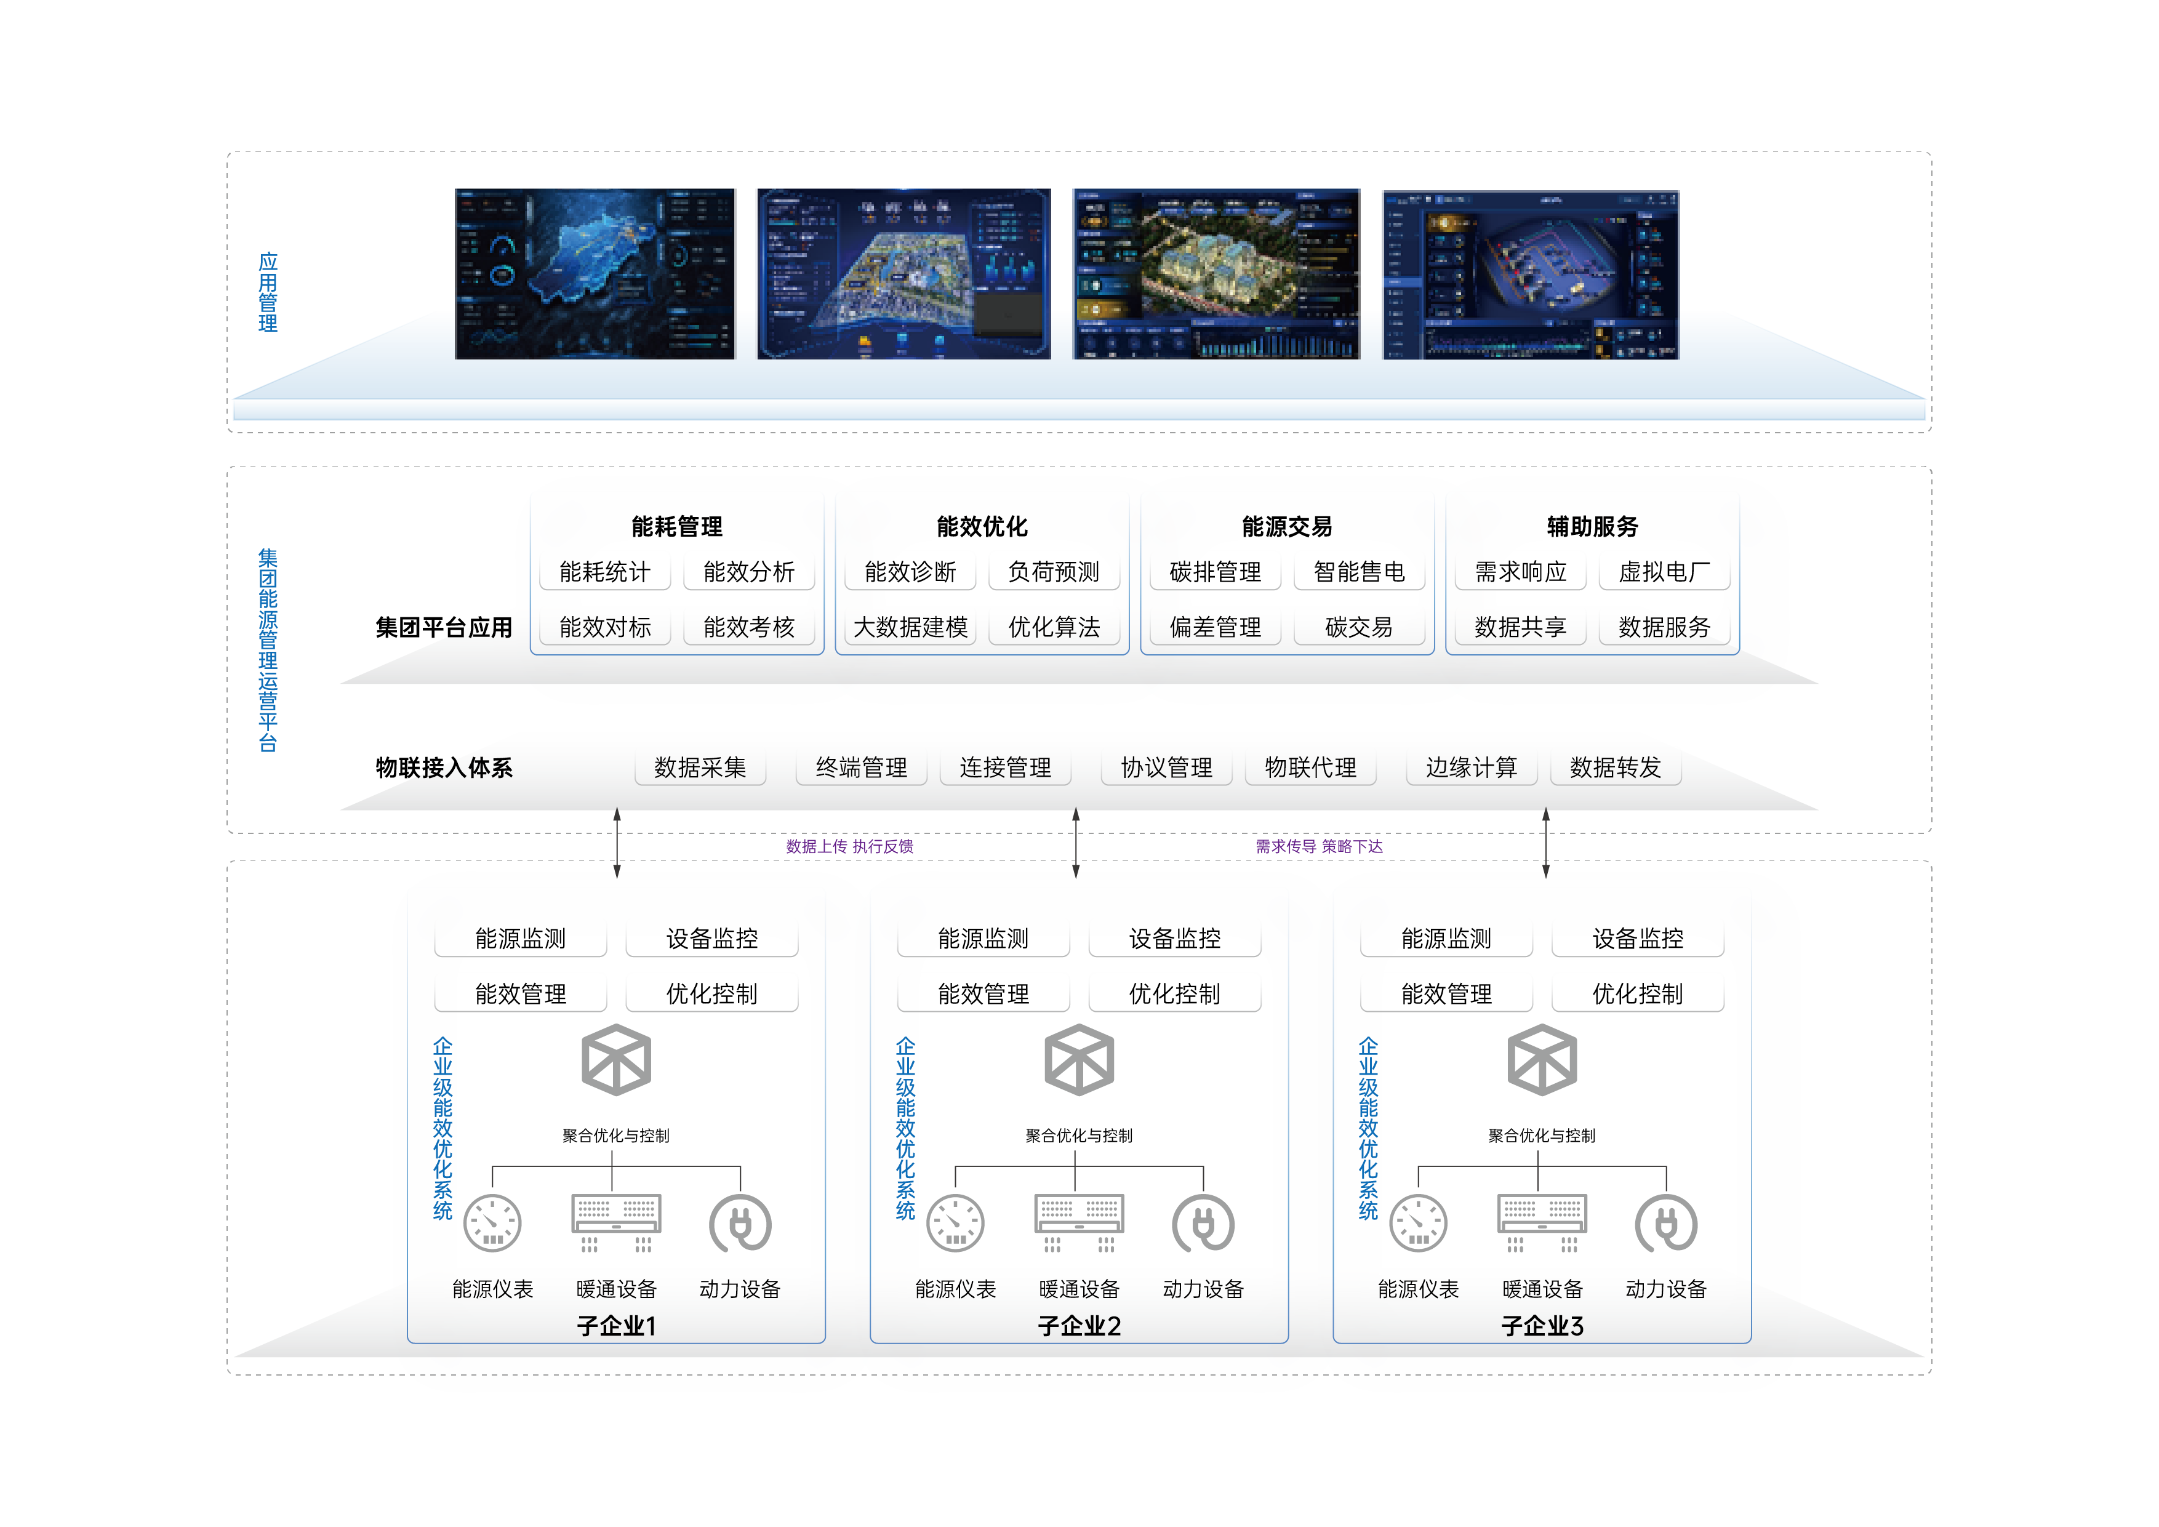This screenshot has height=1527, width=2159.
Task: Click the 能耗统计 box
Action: pyautogui.click(x=604, y=572)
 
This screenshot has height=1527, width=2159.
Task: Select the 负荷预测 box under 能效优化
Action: pyautogui.click(x=1053, y=572)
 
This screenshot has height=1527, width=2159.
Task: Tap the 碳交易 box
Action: pyautogui.click(x=1359, y=627)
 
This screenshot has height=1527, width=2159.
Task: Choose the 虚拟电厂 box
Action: pyautogui.click(x=1664, y=572)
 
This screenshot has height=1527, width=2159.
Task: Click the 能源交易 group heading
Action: pyautogui.click(x=1286, y=527)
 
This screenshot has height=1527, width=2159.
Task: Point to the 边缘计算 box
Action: pyautogui.click(x=1472, y=768)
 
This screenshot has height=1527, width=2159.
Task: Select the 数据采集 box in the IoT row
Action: pyautogui.click(x=700, y=768)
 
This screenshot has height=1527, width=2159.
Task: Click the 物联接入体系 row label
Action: pyautogui.click(x=444, y=768)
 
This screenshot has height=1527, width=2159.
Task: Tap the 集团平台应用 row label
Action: pyautogui.click(x=444, y=627)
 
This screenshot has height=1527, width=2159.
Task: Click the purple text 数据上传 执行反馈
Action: pyautogui.click(x=849, y=846)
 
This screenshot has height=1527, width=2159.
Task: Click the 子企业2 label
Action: pyautogui.click(x=1078, y=1326)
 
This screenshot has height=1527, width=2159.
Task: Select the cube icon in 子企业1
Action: pyautogui.click(x=616, y=1060)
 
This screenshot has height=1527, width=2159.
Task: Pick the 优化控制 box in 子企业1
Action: pyautogui.click(x=712, y=994)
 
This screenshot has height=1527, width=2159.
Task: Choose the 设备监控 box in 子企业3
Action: pyautogui.click(x=1637, y=939)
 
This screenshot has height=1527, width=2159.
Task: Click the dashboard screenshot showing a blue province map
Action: pyautogui.click(x=595, y=274)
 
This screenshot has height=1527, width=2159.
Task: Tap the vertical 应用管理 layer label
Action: pyautogui.click(x=268, y=292)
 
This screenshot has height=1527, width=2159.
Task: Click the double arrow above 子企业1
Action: pyautogui.click(x=617, y=843)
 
